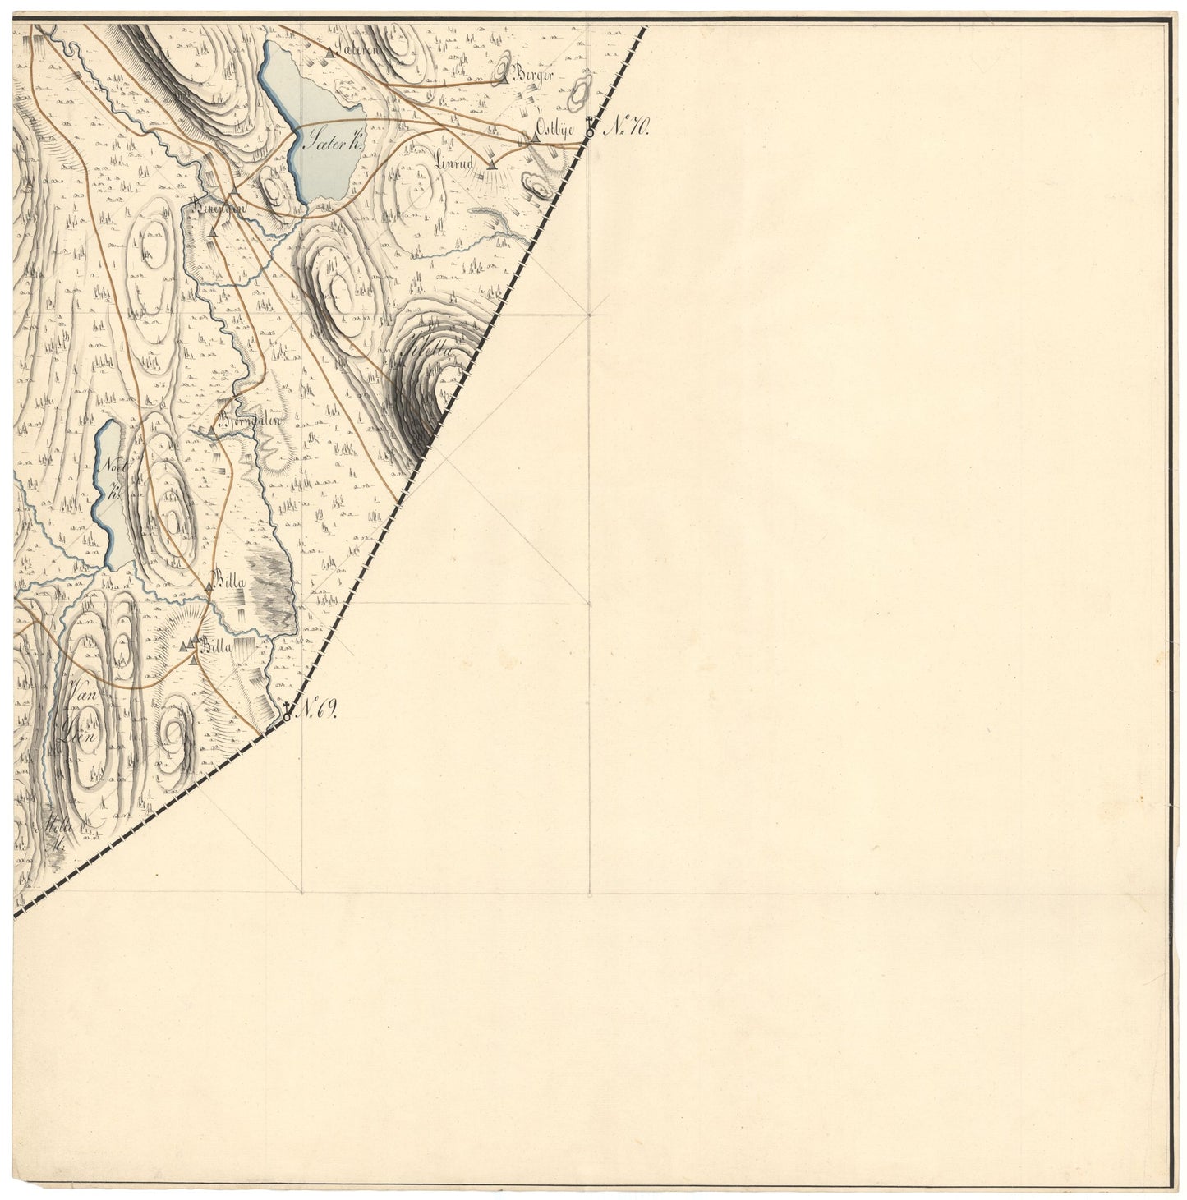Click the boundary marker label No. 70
629,127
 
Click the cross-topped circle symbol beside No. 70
590,130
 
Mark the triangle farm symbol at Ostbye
535,138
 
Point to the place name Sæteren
355,51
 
